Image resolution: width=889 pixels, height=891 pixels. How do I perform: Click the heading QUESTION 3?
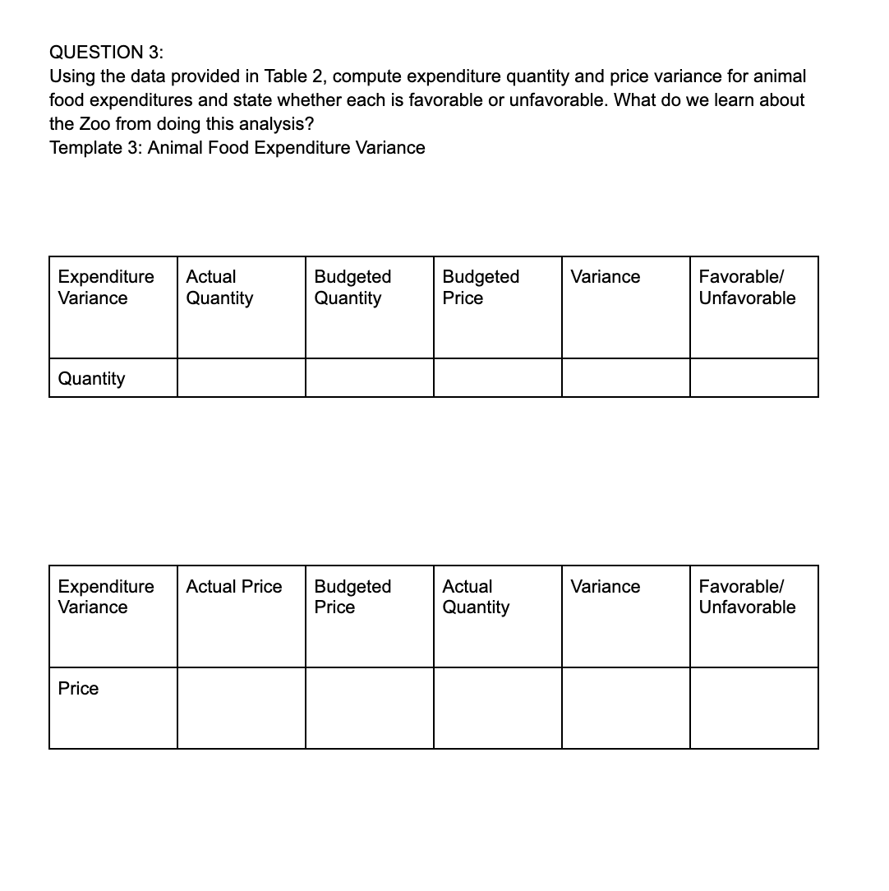[106, 53]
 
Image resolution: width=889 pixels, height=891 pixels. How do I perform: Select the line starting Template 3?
[237, 148]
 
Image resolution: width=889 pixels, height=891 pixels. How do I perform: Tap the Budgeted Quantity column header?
[352, 288]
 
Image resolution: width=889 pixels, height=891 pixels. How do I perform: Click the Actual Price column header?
[233, 587]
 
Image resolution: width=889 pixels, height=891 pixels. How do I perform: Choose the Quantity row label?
[92, 379]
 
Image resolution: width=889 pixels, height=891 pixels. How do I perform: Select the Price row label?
[78, 689]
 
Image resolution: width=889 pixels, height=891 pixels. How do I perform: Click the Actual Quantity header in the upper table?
[219, 288]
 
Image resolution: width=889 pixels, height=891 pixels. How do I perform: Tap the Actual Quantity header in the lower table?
[476, 597]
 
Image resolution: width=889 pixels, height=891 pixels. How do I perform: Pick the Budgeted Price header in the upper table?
[481, 288]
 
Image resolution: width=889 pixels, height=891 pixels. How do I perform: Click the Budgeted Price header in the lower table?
[352, 597]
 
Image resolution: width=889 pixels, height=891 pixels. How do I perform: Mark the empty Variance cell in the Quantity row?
[625, 378]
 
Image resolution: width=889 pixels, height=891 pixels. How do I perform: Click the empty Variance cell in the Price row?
[625, 708]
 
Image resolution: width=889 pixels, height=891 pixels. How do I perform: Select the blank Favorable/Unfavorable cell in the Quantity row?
[753, 378]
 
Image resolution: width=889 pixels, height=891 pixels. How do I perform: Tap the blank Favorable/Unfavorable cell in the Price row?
[753, 708]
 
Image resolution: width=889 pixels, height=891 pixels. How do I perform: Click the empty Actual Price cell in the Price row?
[241, 708]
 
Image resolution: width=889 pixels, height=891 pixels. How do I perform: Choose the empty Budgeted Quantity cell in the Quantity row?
[369, 378]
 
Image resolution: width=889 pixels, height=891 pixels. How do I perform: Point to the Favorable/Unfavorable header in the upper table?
[747, 288]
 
